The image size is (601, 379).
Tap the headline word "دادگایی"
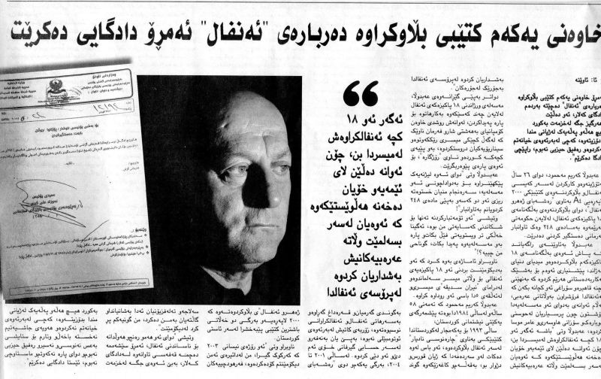505,32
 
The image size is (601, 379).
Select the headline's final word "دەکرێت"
568,32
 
